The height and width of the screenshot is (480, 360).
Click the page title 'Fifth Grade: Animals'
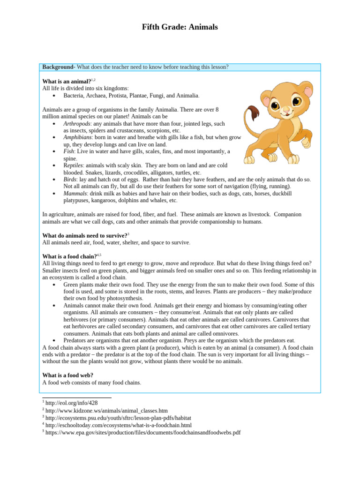[x=180, y=27]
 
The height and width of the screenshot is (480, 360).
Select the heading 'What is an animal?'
[x=67, y=81]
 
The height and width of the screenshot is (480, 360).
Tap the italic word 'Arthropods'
[x=76, y=123]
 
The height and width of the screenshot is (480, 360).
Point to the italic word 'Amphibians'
[x=77, y=137]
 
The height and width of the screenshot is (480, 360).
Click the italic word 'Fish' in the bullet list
[x=69, y=151]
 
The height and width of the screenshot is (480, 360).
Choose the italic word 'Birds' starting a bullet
[x=70, y=180]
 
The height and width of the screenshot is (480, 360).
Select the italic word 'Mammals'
[x=75, y=194]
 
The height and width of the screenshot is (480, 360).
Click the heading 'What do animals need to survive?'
[x=84, y=235]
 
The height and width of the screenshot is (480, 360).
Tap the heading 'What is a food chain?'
[x=69, y=256]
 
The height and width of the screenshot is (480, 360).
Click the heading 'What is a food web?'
[x=67, y=375]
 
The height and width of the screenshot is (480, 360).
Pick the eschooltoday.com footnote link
[x=119, y=425]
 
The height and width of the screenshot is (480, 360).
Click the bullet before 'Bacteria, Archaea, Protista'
[x=54, y=96]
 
